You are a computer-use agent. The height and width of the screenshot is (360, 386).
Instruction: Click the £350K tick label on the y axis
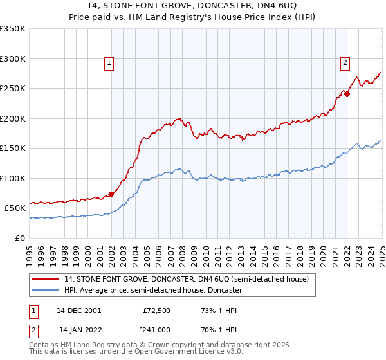click(x=14, y=29)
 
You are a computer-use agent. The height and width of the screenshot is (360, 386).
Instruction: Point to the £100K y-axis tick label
click(x=14, y=178)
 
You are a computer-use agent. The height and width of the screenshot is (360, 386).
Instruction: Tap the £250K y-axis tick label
click(x=14, y=89)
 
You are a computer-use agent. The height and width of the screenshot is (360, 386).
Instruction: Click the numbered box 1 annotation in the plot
click(x=109, y=63)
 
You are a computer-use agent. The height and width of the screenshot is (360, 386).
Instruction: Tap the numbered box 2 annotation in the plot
click(x=345, y=63)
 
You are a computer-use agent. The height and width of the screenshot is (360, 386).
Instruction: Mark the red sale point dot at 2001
click(x=111, y=194)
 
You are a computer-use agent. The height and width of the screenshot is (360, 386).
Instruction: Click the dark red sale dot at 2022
click(x=347, y=94)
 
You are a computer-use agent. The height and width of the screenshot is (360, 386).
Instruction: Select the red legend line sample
click(x=46, y=279)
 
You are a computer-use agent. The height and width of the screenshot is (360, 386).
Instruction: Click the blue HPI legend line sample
click(x=46, y=290)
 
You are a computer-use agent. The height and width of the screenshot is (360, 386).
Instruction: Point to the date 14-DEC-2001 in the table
click(x=79, y=310)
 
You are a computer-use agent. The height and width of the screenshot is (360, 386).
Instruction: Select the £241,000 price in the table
click(x=155, y=329)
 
